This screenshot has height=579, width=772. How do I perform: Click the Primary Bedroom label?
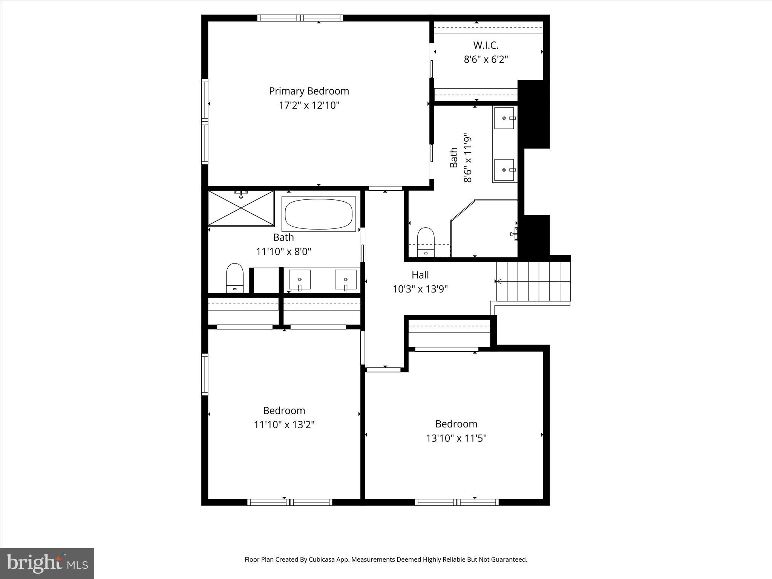pyautogui.click(x=309, y=91)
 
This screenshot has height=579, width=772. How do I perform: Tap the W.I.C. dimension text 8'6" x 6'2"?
pyautogui.click(x=486, y=60)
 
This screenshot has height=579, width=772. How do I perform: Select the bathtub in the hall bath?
pyautogui.click(x=319, y=214)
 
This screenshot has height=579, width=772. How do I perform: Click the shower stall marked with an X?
pyautogui.click(x=241, y=208)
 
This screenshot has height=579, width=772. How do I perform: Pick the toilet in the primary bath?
pyautogui.click(x=426, y=242)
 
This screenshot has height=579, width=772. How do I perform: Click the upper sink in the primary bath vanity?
pyautogui.click(x=504, y=118)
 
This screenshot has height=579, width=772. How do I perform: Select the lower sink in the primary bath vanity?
pyautogui.click(x=504, y=170)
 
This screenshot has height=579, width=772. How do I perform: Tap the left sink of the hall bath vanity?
pyautogui.click(x=300, y=280)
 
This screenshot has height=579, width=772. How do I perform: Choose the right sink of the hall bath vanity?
pyautogui.click(x=346, y=280)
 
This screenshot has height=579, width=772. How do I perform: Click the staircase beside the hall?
pyautogui.click(x=533, y=281)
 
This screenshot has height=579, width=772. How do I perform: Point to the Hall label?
pyautogui.click(x=420, y=275)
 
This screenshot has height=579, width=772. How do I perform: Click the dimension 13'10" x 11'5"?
pyautogui.click(x=456, y=438)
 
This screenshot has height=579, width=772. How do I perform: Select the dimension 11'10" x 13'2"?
pyautogui.click(x=284, y=425)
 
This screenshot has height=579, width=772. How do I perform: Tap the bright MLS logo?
pyautogui.click(x=47, y=563)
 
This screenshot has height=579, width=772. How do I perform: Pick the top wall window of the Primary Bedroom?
pyautogui.click(x=300, y=18)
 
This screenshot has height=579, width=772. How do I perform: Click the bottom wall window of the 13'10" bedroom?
pyautogui.click(x=456, y=502)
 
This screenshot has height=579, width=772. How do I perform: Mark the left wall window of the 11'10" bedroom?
pyautogui.click(x=205, y=374)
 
